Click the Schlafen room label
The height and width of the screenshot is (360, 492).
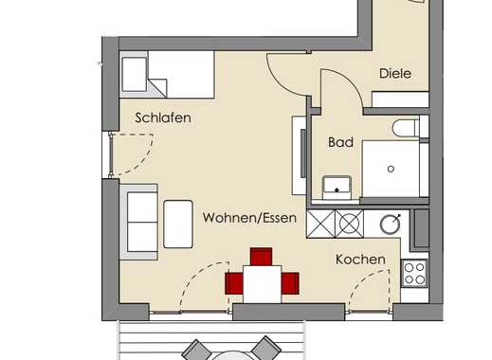click(163, 117)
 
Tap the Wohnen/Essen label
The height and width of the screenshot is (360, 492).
click(249, 218)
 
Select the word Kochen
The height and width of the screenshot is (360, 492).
click(360, 260)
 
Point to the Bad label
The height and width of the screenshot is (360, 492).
click(340, 142)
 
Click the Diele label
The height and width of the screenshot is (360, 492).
click(395, 74)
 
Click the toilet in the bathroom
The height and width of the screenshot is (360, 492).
click(406, 128)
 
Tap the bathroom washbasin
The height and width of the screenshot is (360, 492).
click(337, 188)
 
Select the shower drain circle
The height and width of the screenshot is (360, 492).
click(391, 169)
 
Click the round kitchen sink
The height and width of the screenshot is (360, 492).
click(391, 225)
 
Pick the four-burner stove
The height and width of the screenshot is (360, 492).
click(414, 273)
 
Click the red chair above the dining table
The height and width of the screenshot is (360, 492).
click(261, 257)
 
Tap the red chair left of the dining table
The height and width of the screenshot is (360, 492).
click(234, 283)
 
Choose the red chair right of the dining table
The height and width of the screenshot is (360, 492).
click(290, 283)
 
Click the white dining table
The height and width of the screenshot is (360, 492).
click(262, 284)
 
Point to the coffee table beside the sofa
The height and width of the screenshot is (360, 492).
click(178, 224)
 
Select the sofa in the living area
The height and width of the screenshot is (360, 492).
click(139, 222)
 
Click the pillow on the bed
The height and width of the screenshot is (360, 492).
click(135, 75)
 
